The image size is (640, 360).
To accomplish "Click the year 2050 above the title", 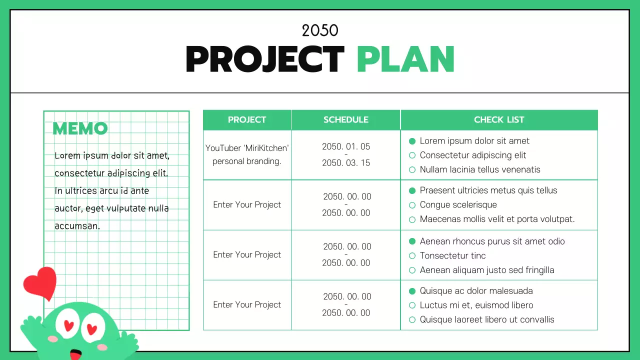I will (320, 30).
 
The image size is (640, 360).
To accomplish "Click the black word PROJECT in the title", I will (264, 59).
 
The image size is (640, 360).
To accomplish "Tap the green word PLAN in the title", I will (405, 59).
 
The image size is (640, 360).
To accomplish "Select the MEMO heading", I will (80, 128).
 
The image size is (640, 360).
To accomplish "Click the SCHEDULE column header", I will (345, 120).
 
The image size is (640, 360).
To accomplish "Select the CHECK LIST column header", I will (498, 120).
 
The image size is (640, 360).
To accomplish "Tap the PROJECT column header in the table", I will (247, 120).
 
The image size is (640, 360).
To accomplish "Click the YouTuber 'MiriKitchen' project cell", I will (247, 154).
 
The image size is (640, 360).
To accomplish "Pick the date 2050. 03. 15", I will (346, 163).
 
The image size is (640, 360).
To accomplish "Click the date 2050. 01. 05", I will (346, 146).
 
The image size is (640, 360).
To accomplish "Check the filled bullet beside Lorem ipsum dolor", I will (412, 141).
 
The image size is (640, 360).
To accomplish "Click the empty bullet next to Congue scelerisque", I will (412, 205).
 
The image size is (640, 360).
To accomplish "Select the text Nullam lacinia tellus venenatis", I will (480, 169).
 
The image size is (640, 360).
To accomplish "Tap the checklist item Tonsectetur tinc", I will (452, 255).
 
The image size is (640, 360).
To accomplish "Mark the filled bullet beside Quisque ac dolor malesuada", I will (412, 291).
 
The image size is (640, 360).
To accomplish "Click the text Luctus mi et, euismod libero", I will (476, 305).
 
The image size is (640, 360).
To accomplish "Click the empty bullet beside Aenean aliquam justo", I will (412, 270).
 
